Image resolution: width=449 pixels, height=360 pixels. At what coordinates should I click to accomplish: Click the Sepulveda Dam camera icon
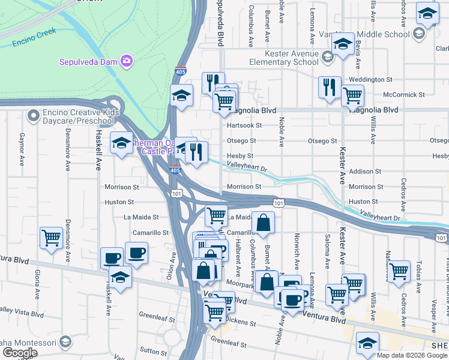tap(126, 61)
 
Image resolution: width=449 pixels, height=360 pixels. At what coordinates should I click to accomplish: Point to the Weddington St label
tap(370, 79)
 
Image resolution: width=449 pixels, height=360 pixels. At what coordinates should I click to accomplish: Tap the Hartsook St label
tap(245, 125)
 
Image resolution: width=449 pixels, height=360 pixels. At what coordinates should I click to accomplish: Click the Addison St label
tap(366, 172)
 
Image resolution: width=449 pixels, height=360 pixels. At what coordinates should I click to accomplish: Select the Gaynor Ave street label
tap(22, 149)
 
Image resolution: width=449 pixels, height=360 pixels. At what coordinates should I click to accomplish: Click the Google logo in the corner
tap(19, 353)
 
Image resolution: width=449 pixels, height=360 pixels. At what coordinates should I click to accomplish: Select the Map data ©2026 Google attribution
tap(412, 355)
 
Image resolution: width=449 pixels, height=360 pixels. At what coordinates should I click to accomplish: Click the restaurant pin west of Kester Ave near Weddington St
tap(330, 87)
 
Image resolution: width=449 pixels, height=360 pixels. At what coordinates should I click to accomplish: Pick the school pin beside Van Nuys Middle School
tap(343, 45)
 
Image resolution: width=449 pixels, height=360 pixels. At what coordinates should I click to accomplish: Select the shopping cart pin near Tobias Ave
tap(399, 271)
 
